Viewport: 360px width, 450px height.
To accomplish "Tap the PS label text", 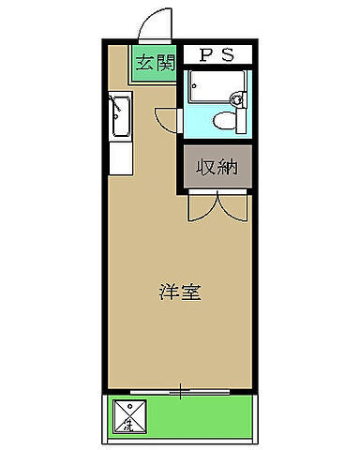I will [x=216, y=54].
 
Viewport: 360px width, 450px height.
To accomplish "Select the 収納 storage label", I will [x=217, y=169].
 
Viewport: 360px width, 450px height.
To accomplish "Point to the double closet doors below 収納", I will [x=217, y=206].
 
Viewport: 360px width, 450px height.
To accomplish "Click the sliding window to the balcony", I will [x=179, y=388].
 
